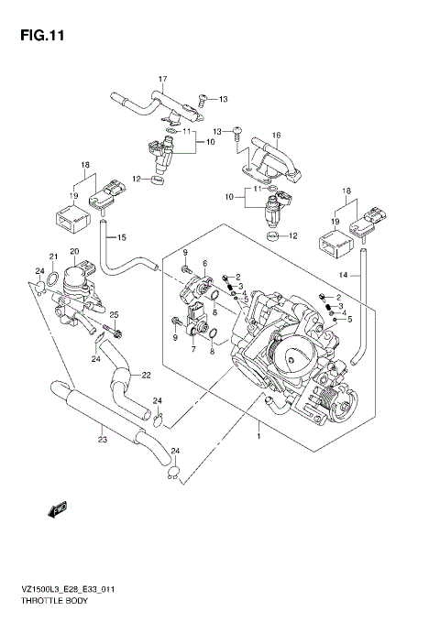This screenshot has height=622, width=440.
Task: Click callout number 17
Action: click(164, 78)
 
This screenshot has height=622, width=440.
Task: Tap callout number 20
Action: click(74, 251)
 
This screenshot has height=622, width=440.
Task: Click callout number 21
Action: click(53, 256)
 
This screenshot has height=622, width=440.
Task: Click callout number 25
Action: click(115, 314)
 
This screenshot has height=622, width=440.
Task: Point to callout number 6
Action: click(205, 263)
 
